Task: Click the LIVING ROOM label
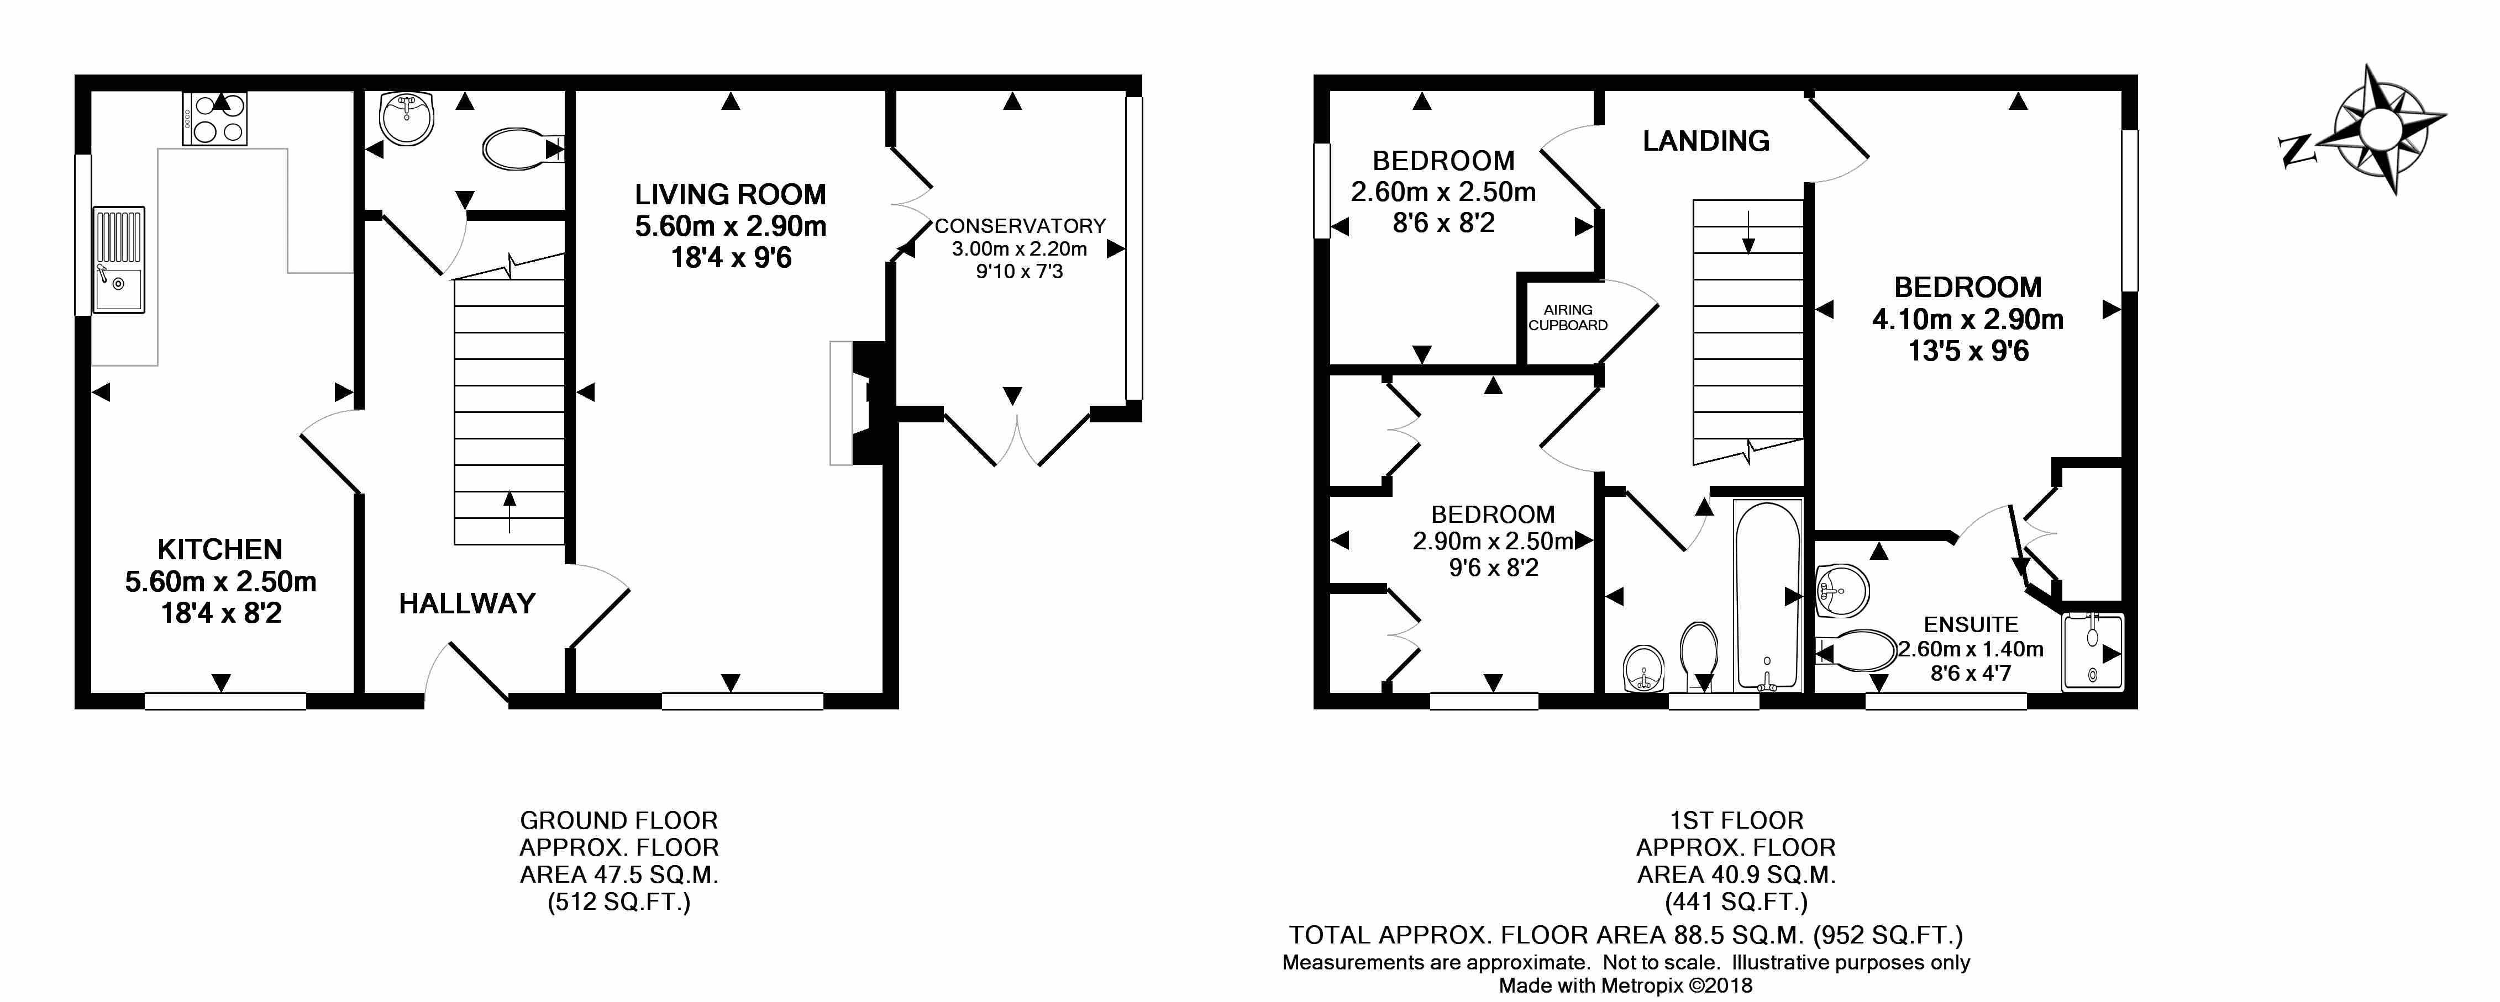point(730,195)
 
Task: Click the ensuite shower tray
point(2092,652)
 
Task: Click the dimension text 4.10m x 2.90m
point(1967,319)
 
